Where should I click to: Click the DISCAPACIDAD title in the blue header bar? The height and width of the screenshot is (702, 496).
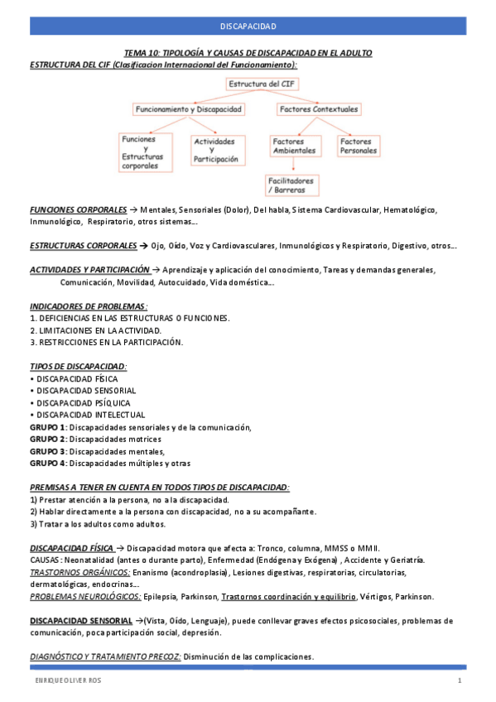pos(248,26)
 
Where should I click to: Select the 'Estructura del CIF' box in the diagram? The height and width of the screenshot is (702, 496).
pos(261,84)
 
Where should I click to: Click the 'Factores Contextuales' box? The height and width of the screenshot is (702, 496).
pos(319,109)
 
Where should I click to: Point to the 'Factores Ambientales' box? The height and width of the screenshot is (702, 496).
pos(294,147)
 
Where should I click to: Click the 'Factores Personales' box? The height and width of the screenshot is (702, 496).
pos(359,147)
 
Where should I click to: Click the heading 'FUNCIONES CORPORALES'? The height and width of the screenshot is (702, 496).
pos(78,210)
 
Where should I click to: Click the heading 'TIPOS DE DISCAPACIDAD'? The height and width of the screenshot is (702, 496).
pos(77,366)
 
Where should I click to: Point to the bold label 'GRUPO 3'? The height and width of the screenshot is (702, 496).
pos(47,451)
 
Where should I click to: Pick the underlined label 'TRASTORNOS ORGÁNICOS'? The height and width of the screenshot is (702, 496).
pos(79,572)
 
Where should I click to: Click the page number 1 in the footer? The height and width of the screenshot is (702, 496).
pos(459,680)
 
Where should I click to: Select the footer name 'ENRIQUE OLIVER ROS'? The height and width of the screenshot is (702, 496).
pos(65,680)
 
